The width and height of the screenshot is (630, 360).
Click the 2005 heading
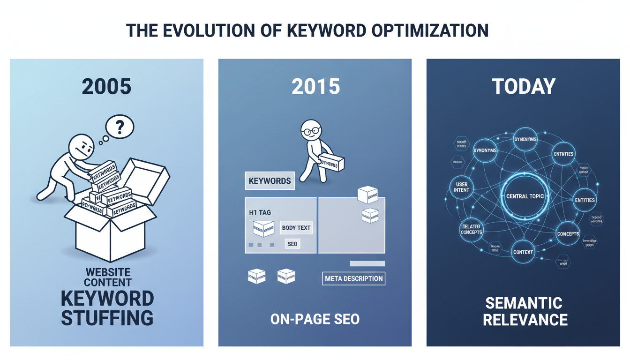click(x=106, y=87)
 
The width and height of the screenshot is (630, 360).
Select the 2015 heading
click(x=315, y=87)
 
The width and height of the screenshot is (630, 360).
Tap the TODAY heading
click(x=523, y=87)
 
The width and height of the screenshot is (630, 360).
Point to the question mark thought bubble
click(x=120, y=127)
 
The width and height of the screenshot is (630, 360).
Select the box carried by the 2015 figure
click(x=331, y=163)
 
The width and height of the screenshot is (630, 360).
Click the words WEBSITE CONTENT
click(x=108, y=277)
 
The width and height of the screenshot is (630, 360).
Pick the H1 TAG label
click(x=260, y=213)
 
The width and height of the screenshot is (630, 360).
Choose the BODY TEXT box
click(x=296, y=228)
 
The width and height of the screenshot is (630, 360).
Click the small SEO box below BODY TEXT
click(x=292, y=244)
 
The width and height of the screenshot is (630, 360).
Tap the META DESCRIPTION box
click(x=353, y=278)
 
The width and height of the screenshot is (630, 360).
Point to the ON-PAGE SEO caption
click(x=315, y=319)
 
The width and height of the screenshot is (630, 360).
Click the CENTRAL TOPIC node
click(x=525, y=196)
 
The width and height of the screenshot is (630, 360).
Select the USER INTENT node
click(x=462, y=187)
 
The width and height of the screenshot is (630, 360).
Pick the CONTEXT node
click(x=523, y=252)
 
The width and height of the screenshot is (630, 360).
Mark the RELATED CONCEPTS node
click(x=471, y=230)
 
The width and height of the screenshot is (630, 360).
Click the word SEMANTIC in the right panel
click(x=524, y=303)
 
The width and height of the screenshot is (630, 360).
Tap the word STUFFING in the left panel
click(x=107, y=317)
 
